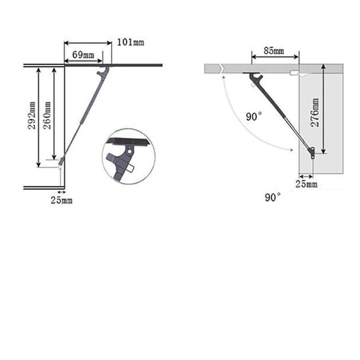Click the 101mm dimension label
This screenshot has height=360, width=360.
pyautogui.click(x=130, y=42)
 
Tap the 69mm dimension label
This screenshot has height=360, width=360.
pyautogui.click(x=83, y=55)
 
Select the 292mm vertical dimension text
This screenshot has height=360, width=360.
pyautogui.click(x=32, y=115)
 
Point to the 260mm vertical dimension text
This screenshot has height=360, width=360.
pyautogui.click(x=47, y=115)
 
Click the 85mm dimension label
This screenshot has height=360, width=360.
pyautogui.click(x=274, y=51)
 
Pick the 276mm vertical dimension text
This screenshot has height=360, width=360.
pyautogui.click(x=315, y=112)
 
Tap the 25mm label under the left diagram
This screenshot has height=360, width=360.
pyautogui.click(x=62, y=200)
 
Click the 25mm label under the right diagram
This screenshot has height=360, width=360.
pyautogui.click(x=306, y=184)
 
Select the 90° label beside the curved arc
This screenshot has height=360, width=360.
pyautogui.click(x=254, y=117)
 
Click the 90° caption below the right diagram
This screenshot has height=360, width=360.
pyautogui.click(x=273, y=198)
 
